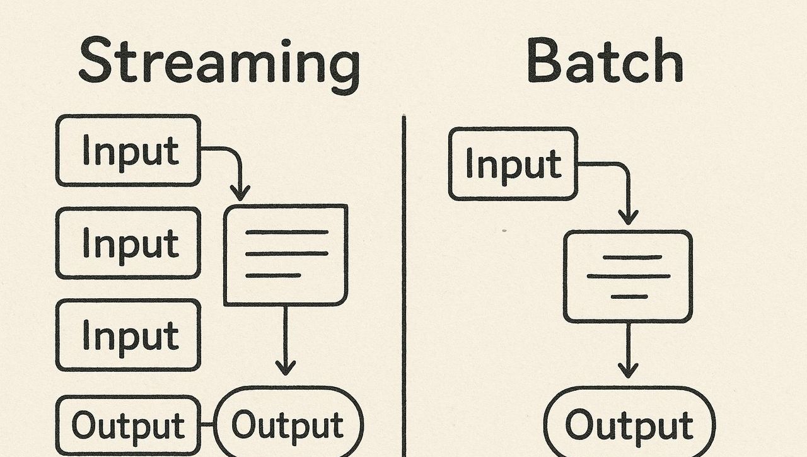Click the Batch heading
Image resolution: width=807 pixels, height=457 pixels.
click(605, 62)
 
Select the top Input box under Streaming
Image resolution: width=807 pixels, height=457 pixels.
click(129, 151)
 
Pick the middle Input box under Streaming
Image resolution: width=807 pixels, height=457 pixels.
click(129, 243)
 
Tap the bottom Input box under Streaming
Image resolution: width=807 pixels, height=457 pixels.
click(129, 335)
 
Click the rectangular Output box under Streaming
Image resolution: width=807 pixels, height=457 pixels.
click(129, 425)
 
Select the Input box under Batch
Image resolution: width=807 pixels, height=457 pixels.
click(513, 164)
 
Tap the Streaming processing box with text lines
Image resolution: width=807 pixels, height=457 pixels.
click(286, 255)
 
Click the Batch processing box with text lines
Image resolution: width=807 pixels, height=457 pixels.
click(628, 276)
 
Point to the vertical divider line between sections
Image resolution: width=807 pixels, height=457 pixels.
click(404, 284)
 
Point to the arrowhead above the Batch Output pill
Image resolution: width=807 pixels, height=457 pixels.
click(627, 370)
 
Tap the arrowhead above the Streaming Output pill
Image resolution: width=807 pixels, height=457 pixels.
click(286, 367)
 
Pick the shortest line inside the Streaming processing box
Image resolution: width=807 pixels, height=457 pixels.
click(272, 275)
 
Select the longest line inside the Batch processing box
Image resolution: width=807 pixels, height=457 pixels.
click(628, 276)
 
